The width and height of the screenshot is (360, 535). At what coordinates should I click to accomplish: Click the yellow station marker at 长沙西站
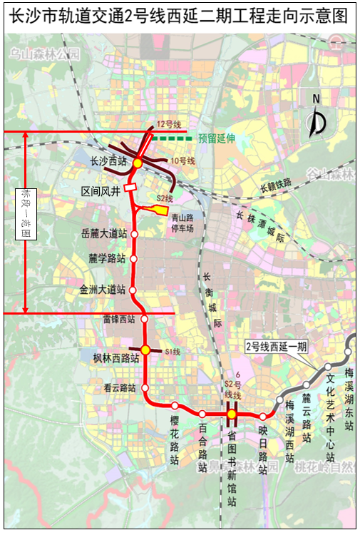[x=138, y=163]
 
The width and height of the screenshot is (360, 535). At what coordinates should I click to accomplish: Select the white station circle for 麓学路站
[x=133, y=259]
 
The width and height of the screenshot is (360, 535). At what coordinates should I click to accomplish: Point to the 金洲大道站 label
[x=103, y=290]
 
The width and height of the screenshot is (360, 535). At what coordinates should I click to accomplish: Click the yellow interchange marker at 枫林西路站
[x=145, y=350]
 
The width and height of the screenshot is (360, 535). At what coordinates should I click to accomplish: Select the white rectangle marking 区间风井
[x=130, y=187]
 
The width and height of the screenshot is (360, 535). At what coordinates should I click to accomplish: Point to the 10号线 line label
[x=184, y=161]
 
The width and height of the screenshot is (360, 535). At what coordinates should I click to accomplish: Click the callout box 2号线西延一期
[x=275, y=347]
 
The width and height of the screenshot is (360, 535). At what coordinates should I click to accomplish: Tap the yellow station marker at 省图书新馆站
[x=232, y=414]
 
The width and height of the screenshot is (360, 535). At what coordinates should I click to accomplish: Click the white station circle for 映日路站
[x=262, y=416]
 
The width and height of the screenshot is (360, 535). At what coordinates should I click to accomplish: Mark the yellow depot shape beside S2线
[x=154, y=208]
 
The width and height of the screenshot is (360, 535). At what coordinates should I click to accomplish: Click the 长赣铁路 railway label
[x=275, y=186]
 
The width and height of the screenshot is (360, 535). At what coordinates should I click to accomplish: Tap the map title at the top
[x=180, y=16]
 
